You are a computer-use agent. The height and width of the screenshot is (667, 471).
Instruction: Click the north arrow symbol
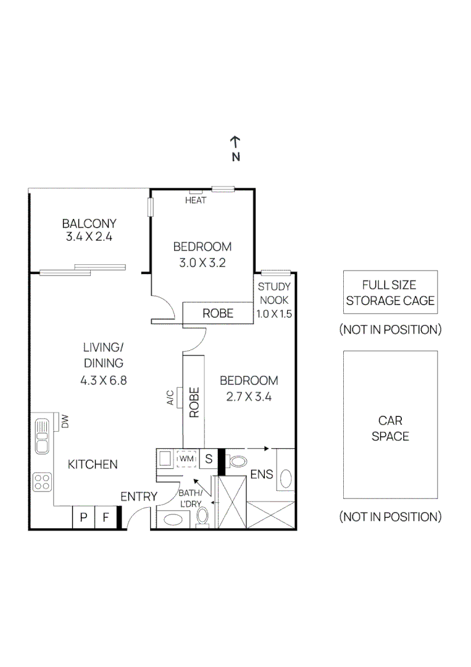pyautogui.click(x=235, y=141)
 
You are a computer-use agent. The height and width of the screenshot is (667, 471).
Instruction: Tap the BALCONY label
pyautogui.click(x=89, y=224)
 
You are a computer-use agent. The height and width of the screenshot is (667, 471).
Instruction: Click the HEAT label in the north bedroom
pyautogui.click(x=196, y=201)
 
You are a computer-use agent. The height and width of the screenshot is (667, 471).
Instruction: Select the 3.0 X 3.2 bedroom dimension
pyautogui.click(x=202, y=262)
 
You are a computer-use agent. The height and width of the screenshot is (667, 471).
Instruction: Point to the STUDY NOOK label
pyautogui.click(x=274, y=293)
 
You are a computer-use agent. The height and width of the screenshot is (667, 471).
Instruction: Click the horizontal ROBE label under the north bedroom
pyautogui.click(x=218, y=314)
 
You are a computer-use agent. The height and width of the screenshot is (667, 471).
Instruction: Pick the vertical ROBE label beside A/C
pyautogui.click(x=193, y=403)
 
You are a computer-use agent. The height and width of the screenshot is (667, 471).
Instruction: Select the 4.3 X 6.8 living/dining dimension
pyautogui.click(x=103, y=380)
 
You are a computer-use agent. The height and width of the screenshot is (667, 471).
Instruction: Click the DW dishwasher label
pyautogui.click(x=64, y=422)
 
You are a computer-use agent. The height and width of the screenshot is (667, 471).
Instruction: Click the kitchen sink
pyautogui.click(x=42, y=436)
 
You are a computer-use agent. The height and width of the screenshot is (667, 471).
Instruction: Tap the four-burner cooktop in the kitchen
pyautogui.click(x=42, y=482)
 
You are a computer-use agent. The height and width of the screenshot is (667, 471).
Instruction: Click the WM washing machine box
pyautogui.click(x=186, y=459)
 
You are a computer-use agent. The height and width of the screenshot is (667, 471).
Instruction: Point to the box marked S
pyautogui.click(x=209, y=459)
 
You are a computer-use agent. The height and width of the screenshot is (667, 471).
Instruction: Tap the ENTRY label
pyautogui.click(x=138, y=497)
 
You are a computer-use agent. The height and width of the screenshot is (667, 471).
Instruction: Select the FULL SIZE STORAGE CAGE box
pyautogui.click(x=390, y=293)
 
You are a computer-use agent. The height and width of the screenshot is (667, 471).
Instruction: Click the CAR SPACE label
pyautogui.click(x=390, y=428)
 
